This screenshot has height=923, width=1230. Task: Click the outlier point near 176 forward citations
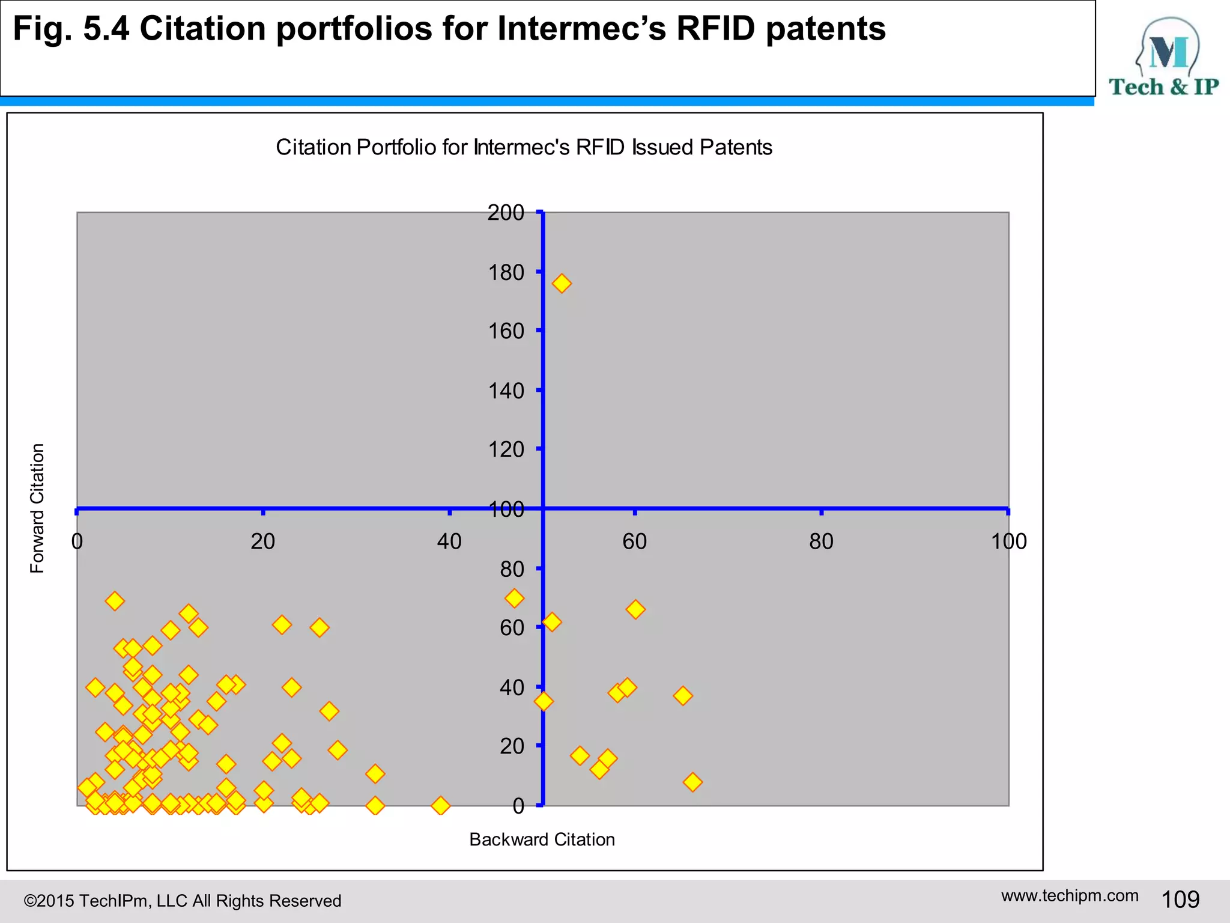(562, 284)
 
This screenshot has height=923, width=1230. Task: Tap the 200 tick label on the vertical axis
(506, 213)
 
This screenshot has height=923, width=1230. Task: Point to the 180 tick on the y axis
(506, 273)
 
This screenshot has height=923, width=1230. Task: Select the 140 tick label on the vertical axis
(506, 391)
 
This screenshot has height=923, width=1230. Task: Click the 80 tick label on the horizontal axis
(821, 542)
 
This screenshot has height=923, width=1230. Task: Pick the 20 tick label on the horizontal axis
(262, 542)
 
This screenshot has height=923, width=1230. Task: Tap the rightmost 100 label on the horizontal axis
(1008, 542)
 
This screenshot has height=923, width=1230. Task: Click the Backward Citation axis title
(542, 839)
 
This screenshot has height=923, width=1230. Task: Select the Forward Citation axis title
(37, 508)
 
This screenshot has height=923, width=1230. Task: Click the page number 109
(1180, 900)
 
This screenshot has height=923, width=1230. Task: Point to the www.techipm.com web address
(1070, 895)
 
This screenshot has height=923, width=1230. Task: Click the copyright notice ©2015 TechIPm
(182, 901)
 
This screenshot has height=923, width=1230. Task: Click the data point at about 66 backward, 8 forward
(692, 782)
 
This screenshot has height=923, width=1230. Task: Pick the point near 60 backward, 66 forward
(635, 609)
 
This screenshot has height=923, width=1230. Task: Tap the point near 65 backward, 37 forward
(683, 696)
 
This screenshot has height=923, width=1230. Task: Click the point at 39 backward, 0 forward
(440, 805)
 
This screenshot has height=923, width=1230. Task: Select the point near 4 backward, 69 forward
(115, 601)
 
